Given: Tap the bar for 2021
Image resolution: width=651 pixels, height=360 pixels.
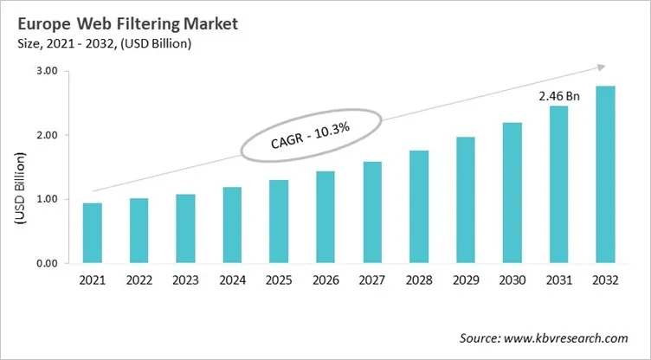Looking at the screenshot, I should pos(91,233).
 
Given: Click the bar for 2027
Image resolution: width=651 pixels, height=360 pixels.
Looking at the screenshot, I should pos(371,212).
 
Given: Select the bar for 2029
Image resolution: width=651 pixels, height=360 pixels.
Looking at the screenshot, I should pos(465,200).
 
